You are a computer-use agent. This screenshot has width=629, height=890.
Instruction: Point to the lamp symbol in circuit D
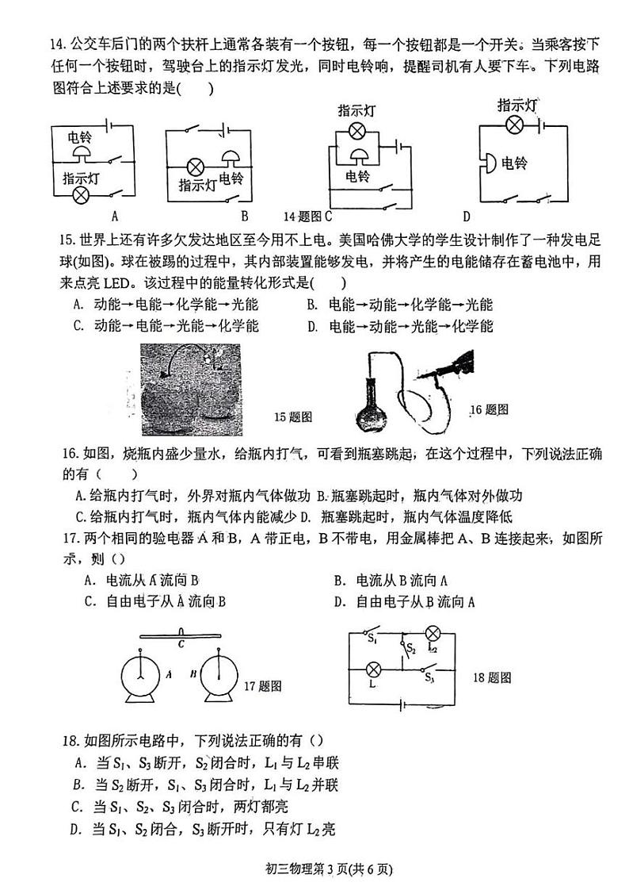click(x=514, y=124)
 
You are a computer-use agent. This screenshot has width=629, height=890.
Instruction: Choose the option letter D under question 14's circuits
click(x=467, y=216)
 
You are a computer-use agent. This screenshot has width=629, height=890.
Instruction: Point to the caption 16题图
click(x=488, y=409)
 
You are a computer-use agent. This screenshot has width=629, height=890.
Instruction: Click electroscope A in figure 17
click(x=140, y=678)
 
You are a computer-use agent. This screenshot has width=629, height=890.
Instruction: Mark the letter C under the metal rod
click(x=181, y=643)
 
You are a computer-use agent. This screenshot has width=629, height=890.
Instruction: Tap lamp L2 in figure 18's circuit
click(x=433, y=633)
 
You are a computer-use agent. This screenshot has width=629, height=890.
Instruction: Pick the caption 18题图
click(x=492, y=677)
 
